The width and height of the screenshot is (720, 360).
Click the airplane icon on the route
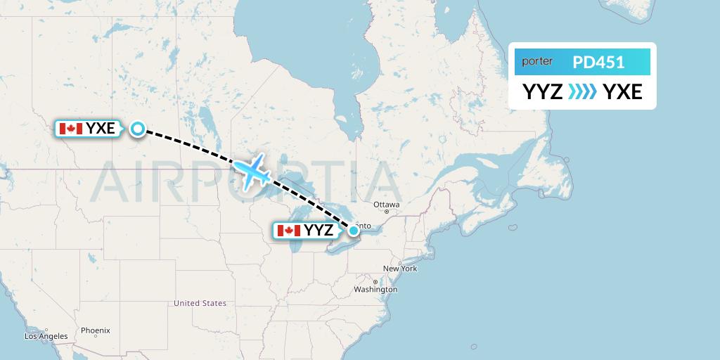251,170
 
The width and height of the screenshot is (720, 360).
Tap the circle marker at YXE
138,128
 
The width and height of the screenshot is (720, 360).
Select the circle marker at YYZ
354,230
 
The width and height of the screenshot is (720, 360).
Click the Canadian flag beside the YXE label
71,129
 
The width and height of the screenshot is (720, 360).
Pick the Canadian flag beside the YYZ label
289,231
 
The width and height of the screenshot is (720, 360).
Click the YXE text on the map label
101,129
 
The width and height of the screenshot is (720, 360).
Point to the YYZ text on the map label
319,231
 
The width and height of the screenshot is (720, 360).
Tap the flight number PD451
598,62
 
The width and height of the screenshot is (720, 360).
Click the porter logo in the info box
537,62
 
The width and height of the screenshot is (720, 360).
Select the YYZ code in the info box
542,91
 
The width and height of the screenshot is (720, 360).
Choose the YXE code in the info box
622,91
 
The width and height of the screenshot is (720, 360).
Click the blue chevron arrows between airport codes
582,91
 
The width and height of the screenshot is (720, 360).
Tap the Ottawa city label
386,205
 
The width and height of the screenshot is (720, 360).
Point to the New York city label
400,269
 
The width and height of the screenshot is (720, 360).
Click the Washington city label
376,290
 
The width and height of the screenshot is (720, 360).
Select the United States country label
200,303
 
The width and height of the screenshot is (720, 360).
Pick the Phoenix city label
95,330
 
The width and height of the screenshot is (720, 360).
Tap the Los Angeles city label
46,336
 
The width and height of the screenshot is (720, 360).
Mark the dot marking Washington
376,282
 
